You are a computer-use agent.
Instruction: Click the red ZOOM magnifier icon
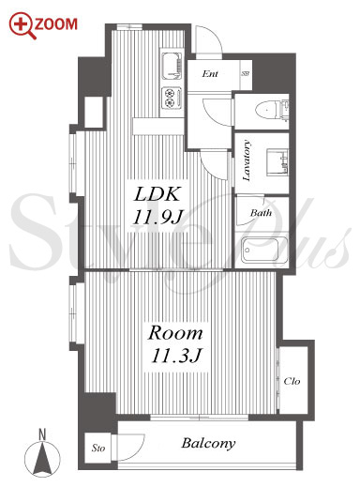[22, 25]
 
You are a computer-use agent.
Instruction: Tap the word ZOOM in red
[56, 24]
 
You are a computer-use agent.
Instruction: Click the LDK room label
[157, 194]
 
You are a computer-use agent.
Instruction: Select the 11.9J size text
[157, 217]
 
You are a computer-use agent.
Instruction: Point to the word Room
[175, 333]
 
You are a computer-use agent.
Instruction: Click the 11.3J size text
[175, 356]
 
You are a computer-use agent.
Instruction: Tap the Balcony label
[208, 444]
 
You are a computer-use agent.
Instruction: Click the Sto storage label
[98, 449]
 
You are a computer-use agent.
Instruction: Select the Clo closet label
[292, 381]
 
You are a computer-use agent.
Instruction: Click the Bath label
[261, 213]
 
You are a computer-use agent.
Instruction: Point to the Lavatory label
[247, 160]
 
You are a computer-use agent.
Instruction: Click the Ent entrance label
[210, 74]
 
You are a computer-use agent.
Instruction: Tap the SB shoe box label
[246, 74]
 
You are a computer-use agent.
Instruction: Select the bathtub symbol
[264, 251]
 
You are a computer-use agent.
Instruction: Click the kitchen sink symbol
[172, 67]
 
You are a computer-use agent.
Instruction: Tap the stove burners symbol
[172, 97]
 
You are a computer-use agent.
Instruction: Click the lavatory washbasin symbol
[277, 162]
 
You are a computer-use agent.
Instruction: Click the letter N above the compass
[42, 434]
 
